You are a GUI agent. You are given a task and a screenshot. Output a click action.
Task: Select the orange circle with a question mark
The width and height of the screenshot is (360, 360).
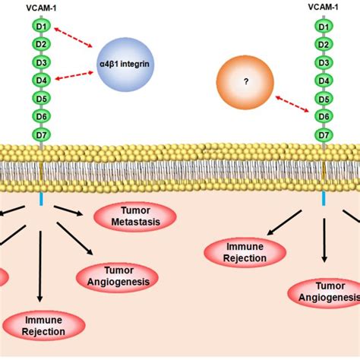pos(245,84)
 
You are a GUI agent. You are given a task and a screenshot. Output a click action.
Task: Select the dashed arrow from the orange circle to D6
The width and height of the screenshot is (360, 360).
pos(292,107)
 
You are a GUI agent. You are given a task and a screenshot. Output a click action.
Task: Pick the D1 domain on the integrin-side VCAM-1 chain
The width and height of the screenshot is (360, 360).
pos(41,27)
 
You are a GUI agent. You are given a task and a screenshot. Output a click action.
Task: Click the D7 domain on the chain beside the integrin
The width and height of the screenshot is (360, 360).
pos(41,134)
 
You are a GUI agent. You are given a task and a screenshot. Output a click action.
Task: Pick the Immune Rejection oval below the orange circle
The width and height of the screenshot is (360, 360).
pos(245,252)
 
